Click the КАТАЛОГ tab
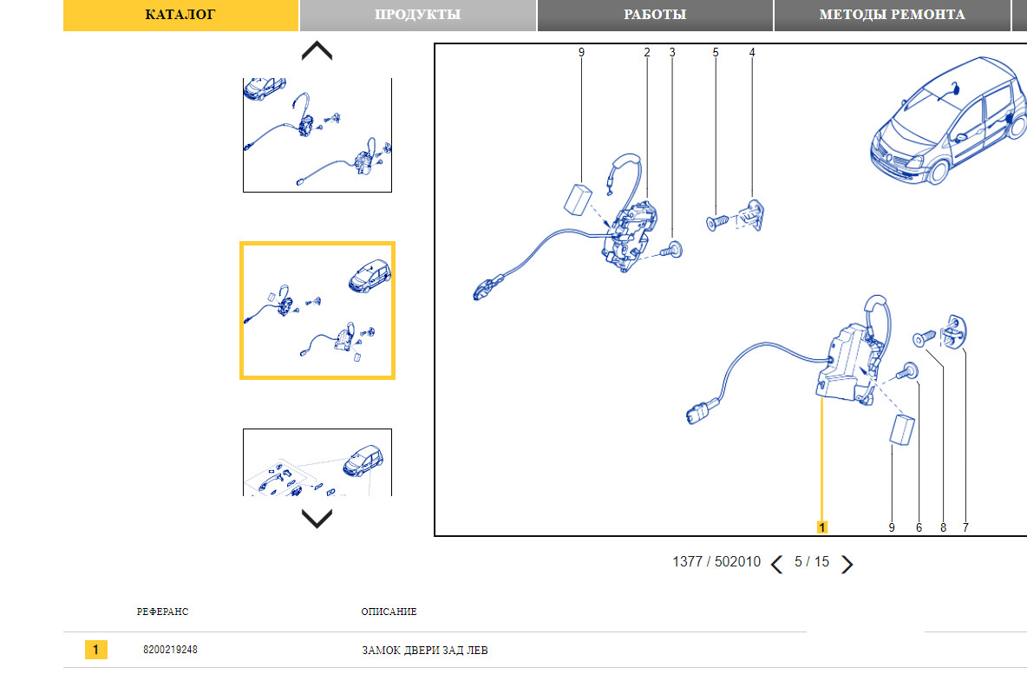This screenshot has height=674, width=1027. point(180,15)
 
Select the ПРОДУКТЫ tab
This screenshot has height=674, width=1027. point(418,15)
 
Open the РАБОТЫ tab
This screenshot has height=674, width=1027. point(655,15)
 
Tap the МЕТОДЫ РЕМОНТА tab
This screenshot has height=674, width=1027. point(892,15)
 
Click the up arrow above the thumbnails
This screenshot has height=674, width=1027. point(317,50)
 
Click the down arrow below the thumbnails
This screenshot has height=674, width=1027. point(317,518)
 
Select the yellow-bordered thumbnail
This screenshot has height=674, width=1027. point(317,311)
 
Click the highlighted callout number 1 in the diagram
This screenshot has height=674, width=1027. point(822,527)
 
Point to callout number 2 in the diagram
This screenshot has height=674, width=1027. point(647,52)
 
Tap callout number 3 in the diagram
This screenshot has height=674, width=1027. point(672,52)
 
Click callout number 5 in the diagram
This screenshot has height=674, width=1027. point(716,52)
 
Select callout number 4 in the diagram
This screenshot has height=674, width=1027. point(752,52)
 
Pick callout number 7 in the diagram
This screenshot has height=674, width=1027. point(965,527)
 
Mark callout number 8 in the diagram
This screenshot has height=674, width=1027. point(943,527)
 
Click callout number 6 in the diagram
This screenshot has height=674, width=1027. point(919,527)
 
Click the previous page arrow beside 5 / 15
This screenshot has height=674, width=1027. point(777,564)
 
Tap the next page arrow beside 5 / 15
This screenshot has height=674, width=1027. point(847,564)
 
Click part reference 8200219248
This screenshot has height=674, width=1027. point(170,650)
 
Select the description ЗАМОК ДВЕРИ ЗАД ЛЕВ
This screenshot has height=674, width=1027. point(425,651)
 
